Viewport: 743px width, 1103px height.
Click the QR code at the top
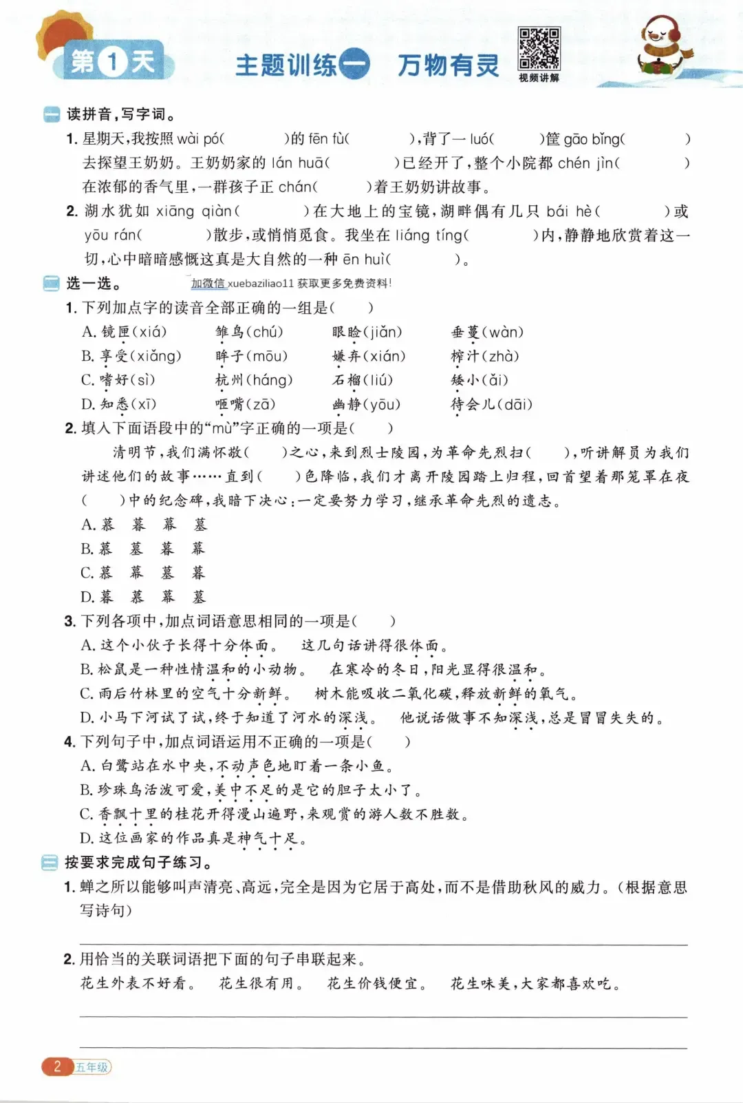539,48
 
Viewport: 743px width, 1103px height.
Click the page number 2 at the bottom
57,1067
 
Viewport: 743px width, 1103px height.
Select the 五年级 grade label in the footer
92,1067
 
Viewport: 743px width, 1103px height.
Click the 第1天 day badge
113,63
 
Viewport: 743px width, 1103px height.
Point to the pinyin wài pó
199,139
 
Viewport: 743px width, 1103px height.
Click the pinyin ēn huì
364,260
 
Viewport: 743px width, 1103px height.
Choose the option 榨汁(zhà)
484,357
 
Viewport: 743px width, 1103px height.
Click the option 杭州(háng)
254,381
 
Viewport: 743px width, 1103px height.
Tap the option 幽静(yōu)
366,405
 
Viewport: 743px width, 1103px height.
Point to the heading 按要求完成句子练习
138,863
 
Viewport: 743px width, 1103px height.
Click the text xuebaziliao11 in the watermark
261,284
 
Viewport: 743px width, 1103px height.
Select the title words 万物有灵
448,65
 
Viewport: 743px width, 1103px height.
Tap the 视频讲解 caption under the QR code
539,78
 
